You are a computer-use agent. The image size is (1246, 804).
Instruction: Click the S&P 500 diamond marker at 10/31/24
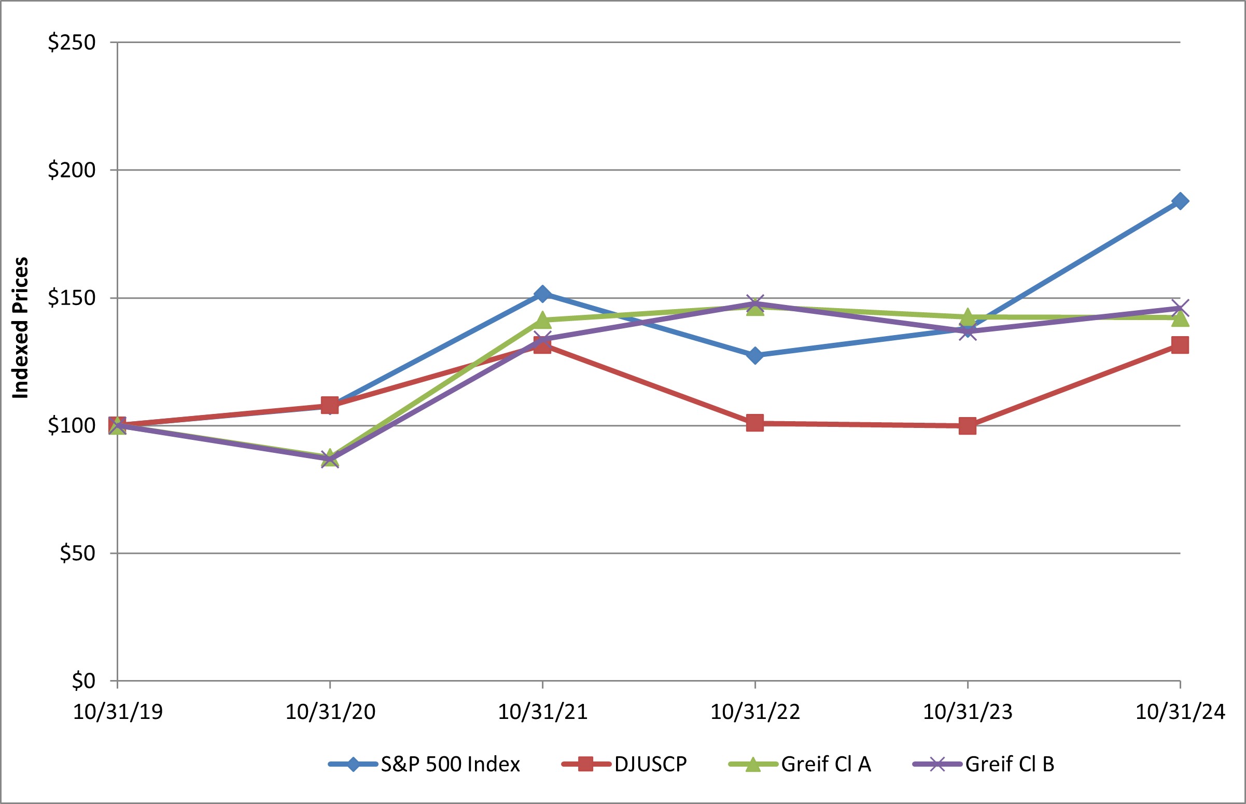click(1180, 201)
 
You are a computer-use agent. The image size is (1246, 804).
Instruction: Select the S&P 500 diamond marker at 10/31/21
click(542, 294)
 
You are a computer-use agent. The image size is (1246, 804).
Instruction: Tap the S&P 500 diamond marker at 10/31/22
click(754, 355)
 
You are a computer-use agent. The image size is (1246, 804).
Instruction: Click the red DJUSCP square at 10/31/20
click(329, 405)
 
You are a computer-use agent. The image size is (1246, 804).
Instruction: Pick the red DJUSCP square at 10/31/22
click(754, 423)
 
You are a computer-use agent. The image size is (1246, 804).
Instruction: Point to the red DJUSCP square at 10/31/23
click(968, 425)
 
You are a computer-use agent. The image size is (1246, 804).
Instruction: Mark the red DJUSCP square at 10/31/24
click(1180, 345)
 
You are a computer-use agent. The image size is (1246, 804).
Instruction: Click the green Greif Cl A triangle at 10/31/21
click(542, 319)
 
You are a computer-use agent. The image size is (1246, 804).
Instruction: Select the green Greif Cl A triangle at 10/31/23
click(968, 316)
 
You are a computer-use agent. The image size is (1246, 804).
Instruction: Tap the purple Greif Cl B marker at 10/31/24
click(1180, 308)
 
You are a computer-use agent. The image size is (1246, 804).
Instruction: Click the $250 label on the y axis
click(72, 43)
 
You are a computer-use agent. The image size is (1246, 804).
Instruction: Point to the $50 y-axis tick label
click(78, 553)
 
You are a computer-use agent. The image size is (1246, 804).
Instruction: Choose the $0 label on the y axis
click(83, 681)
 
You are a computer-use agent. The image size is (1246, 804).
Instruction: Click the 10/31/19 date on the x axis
click(118, 712)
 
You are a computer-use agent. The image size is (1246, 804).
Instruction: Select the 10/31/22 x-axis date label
click(755, 712)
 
